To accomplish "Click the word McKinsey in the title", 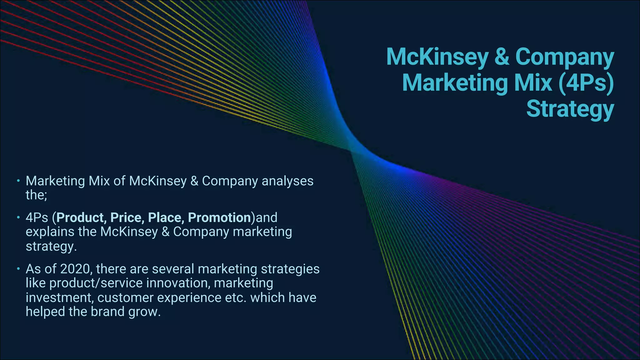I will tap(437, 57).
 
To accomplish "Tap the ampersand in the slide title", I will tap(502, 57).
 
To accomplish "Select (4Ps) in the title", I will tap(586, 83).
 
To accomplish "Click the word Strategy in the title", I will tap(570, 109).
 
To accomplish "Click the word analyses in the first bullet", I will tap(287, 181).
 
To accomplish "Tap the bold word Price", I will tap(127, 217).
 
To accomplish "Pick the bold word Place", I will tap(166, 217).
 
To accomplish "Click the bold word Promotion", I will tap(219, 217).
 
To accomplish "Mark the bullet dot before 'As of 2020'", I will tap(18, 268).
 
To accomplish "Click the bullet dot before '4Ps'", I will tap(18, 217).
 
